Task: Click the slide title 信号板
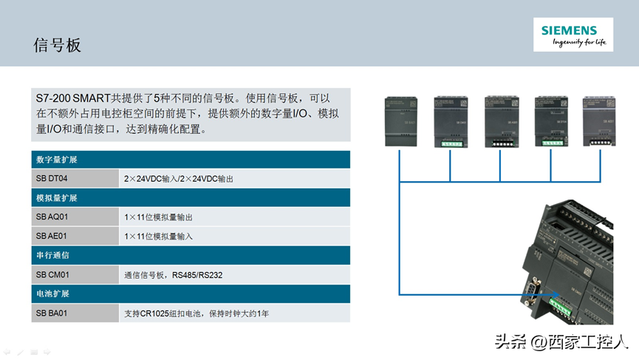point(58,45)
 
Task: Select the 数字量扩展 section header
point(57,160)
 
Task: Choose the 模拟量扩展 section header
point(57,198)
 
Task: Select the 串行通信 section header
point(52,256)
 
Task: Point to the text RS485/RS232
point(197,275)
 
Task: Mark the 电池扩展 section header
point(52,294)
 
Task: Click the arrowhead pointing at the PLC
point(543,296)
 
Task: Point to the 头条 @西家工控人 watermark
point(561,342)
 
